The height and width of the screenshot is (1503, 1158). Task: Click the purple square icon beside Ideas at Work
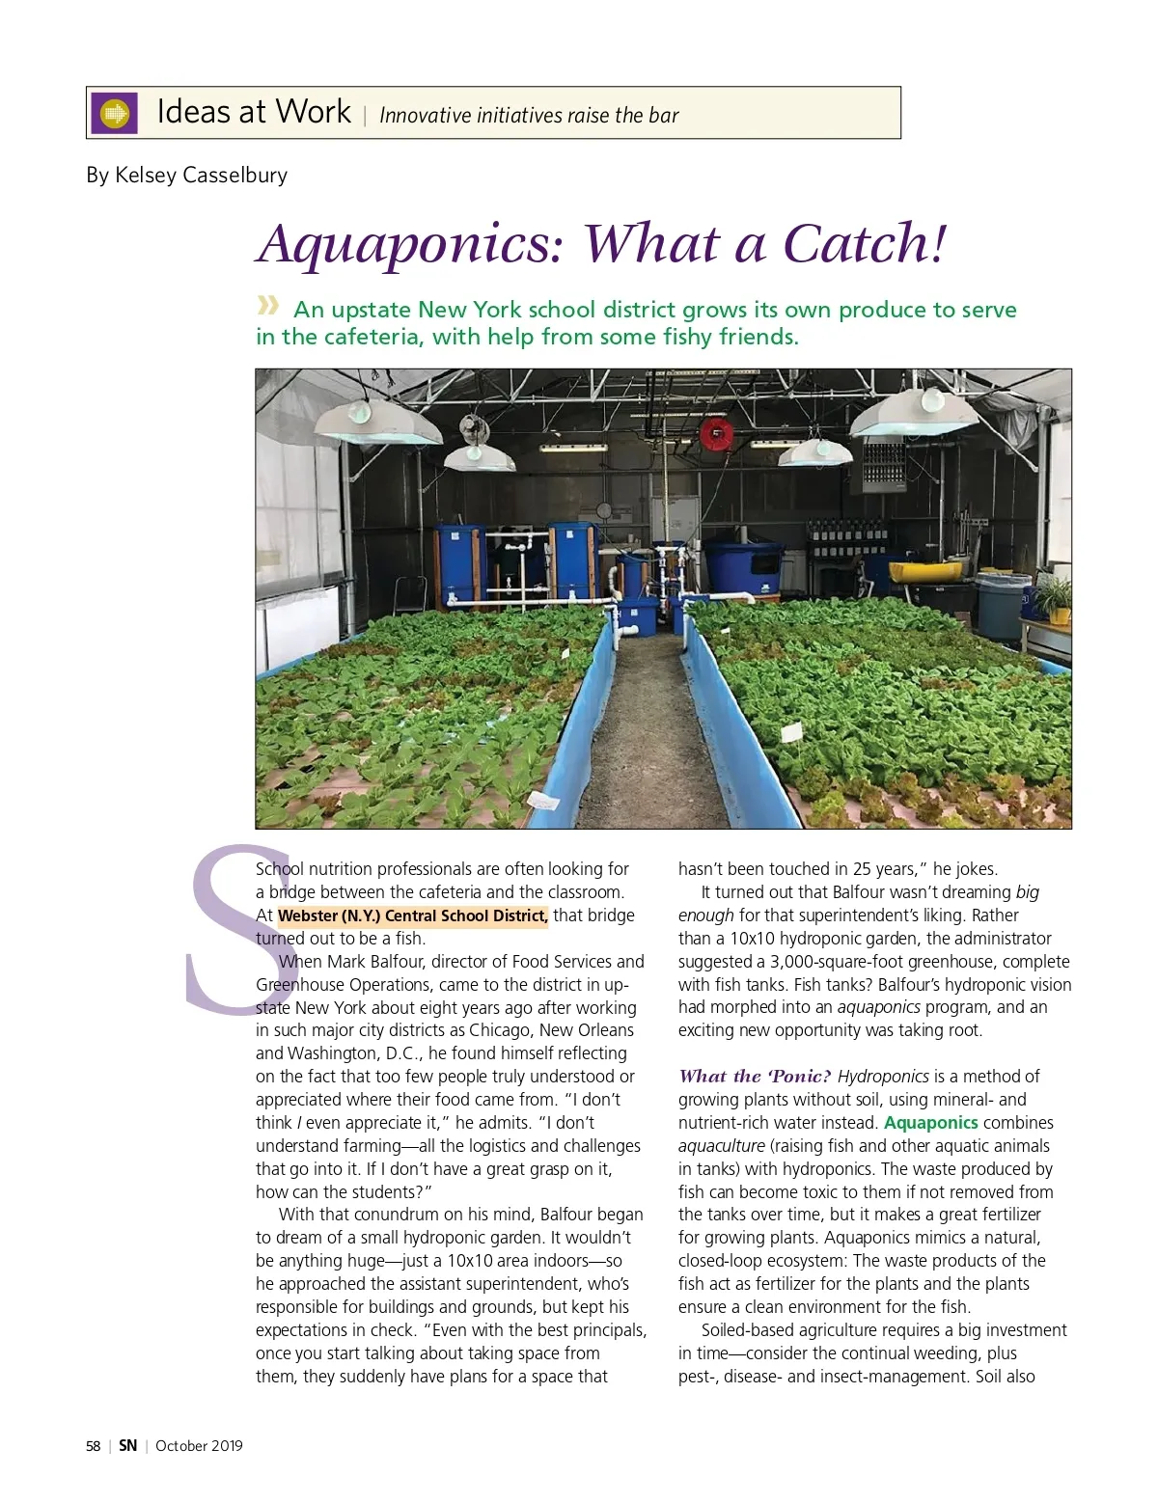pyautogui.click(x=114, y=114)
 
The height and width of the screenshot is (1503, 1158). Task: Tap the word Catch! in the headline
pyautogui.click(x=865, y=242)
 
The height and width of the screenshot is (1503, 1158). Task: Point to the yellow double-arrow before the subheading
pyautogui.click(x=267, y=307)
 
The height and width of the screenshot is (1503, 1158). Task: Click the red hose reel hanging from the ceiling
pyautogui.click(x=715, y=433)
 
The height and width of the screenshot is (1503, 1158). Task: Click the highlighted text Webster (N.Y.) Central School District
pyautogui.click(x=413, y=915)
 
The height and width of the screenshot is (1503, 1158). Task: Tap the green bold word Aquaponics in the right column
pyautogui.click(x=930, y=1123)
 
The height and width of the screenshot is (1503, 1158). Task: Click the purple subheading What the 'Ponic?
pyautogui.click(x=755, y=1077)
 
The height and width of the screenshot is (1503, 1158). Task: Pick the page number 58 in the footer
pyautogui.click(x=93, y=1446)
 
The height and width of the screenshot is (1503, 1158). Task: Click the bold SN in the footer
pyautogui.click(x=127, y=1446)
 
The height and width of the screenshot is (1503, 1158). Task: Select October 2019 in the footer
pyautogui.click(x=199, y=1446)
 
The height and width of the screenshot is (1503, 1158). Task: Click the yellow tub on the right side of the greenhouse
pyautogui.click(x=924, y=571)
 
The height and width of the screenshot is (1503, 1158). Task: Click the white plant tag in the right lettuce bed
pyautogui.click(x=790, y=733)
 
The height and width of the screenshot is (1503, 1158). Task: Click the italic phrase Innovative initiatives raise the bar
pyautogui.click(x=529, y=116)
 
